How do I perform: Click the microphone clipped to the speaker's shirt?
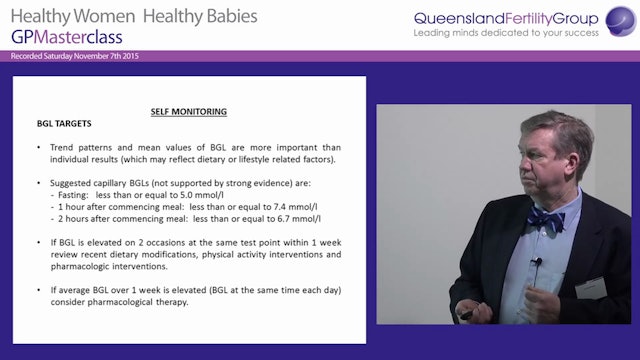click(x=537, y=263)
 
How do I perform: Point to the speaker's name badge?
click(x=592, y=288)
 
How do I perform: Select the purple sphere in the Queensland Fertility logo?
click(x=615, y=18)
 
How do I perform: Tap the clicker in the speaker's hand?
click(x=466, y=314)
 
